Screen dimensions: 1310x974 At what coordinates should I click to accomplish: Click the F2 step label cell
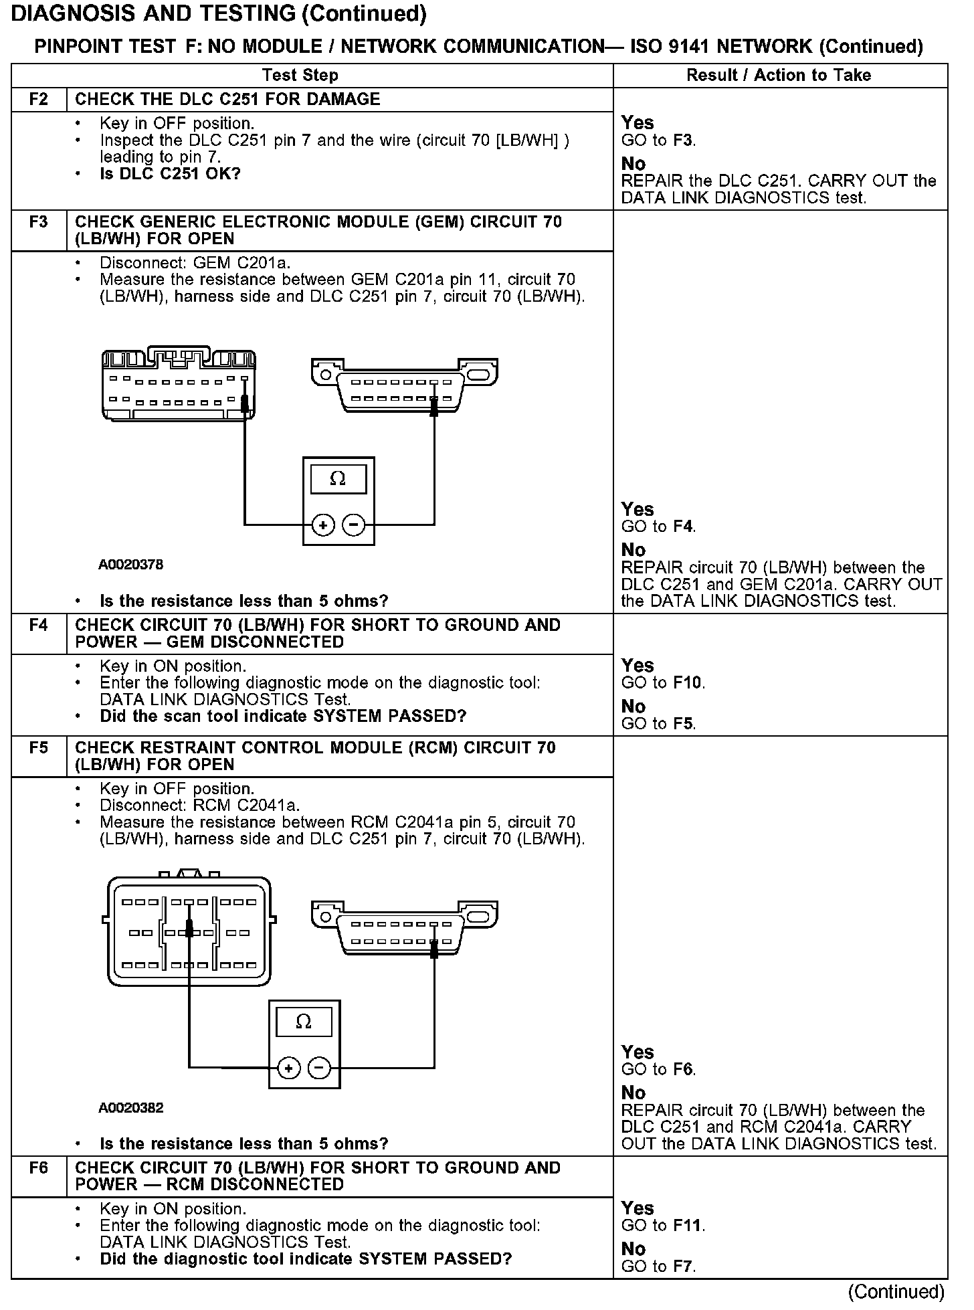pos(39,100)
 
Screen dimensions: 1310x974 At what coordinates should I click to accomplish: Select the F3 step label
pos(39,222)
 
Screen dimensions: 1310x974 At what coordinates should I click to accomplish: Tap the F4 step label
pos(39,626)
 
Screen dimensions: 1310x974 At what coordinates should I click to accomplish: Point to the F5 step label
pos(39,748)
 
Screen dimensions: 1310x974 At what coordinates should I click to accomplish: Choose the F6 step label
pos(39,1168)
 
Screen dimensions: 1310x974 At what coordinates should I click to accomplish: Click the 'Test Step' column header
pos(300,75)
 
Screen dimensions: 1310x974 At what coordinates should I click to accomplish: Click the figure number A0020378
pos(130,565)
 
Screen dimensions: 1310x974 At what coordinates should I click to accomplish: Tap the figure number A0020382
pos(130,1108)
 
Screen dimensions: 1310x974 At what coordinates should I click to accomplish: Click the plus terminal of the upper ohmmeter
pos(323,526)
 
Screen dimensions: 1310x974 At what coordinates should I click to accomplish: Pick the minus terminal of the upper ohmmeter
pos(354,526)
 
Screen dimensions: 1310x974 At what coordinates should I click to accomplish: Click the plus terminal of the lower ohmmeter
pos(288,1068)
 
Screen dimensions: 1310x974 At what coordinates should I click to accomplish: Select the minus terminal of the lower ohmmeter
pos(319,1068)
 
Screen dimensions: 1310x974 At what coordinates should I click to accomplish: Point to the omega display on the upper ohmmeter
pos(338,479)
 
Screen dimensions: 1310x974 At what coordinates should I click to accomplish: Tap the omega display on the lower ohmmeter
pos(304,1022)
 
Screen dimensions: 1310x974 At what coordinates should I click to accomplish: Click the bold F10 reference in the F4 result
pos(688,683)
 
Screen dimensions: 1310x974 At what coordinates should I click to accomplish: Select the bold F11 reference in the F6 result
pos(688,1226)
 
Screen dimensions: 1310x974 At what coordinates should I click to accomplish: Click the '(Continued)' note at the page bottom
pos(896,1291)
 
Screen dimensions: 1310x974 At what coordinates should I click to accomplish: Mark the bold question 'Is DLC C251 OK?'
pos(170,174)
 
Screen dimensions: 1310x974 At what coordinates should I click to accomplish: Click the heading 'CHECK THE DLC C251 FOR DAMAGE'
pos(227,100)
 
